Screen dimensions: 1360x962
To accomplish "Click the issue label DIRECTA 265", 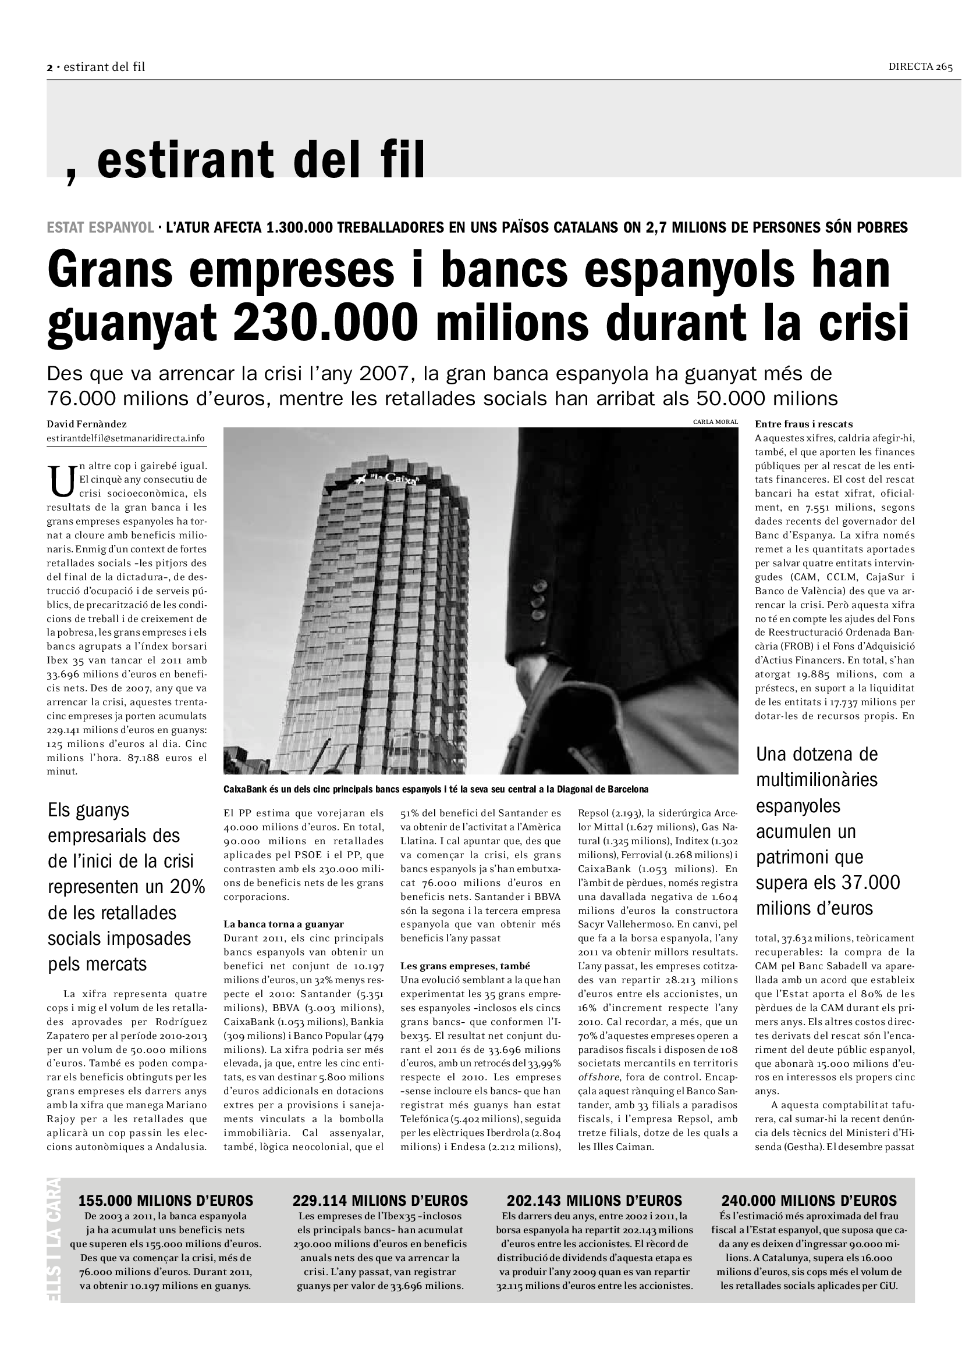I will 920,67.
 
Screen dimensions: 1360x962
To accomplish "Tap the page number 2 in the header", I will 50,67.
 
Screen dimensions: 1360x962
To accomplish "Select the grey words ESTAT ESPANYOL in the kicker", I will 100,227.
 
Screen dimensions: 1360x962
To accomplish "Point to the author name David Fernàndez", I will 87,424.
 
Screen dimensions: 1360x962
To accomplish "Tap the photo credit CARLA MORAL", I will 715,422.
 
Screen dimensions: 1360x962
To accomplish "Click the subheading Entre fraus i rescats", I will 803,424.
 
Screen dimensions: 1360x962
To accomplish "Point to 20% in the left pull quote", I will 187,887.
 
